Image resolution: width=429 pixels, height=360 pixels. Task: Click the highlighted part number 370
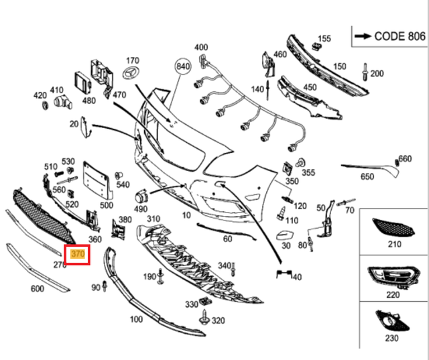[x=77, y=254]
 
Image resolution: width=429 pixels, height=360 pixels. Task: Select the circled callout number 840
[x=182, y=67]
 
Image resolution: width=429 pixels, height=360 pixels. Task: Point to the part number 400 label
[x=201, y=47]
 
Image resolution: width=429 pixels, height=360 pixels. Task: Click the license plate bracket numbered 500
[x=95, y=180]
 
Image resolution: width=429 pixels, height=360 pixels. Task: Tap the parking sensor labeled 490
[x=142, y=197]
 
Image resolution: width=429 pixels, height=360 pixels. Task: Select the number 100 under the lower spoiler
[x=136, y=319]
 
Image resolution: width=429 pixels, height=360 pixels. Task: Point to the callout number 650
[x=367, y=177]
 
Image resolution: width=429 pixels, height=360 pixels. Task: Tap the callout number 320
[x=218, y=320]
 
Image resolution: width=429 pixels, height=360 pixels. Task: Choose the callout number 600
[x=37, y=289]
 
